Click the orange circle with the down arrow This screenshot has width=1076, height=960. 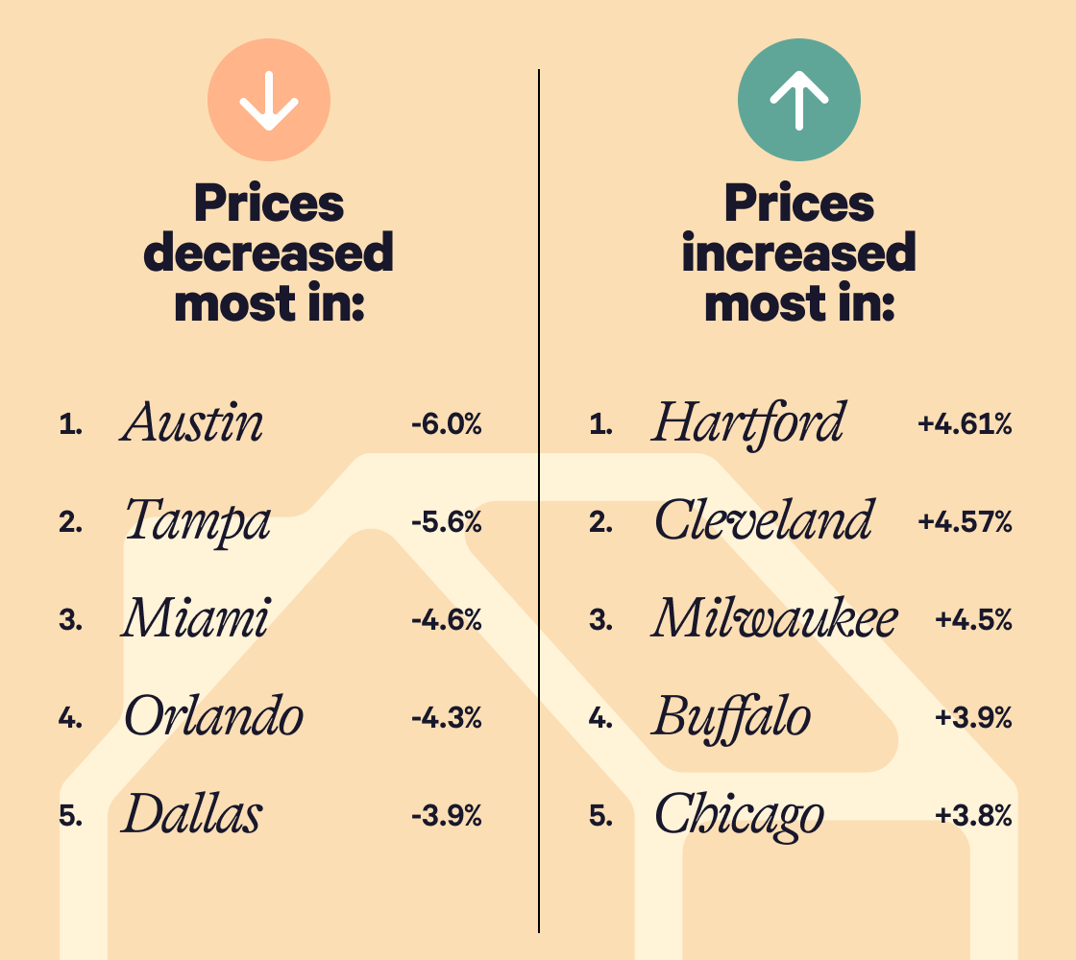pos(269,100)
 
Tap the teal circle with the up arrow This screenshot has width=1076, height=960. pos(798,100)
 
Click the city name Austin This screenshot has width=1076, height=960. pos(192,422)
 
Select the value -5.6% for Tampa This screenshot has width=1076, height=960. pos(446,522)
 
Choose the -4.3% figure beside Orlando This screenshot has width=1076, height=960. pos(446,718)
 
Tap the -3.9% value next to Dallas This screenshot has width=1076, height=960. pos(446,817)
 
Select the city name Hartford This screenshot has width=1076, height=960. pos(748,422)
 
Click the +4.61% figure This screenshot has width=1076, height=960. pos(965,424)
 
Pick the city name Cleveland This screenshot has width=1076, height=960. pos(764,521)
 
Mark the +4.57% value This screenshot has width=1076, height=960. pos(965,522)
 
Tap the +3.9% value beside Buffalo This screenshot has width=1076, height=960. pos(973,718)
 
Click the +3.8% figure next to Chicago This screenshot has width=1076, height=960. pos(973,817)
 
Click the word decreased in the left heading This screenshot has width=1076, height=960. pos(269,253)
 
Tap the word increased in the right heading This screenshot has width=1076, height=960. pos(798,253)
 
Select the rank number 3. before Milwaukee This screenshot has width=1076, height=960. pos(600,620)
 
